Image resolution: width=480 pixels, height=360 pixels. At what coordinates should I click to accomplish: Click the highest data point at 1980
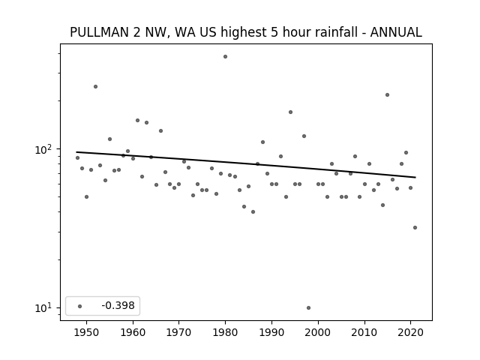click(225, 57)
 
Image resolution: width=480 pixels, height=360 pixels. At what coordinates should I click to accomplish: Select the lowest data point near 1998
click(308, 307)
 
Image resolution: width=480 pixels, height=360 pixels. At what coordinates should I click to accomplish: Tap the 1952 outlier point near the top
click(95, 87)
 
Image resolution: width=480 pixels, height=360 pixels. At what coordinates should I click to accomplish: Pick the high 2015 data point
click(387, 95)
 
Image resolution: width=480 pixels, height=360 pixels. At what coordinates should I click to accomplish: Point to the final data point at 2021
click(415, 227)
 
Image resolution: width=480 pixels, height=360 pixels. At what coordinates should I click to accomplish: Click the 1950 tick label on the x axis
click(87, 332)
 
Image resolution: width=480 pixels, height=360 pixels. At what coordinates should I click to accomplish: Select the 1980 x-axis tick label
click(225, 332)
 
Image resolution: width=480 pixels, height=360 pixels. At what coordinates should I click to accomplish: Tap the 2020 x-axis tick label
click(410, 332)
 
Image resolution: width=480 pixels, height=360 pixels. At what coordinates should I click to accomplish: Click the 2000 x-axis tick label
click(318, 332)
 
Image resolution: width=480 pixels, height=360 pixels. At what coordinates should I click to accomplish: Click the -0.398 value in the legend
click(118, 305)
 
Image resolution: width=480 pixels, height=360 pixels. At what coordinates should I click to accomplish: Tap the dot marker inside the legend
click(80, 306)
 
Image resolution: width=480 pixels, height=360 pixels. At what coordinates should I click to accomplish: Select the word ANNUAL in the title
click(396, 32)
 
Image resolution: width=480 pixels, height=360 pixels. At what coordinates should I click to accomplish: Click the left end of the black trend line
click(76, 151)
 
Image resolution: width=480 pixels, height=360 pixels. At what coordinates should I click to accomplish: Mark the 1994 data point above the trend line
click(290, 112)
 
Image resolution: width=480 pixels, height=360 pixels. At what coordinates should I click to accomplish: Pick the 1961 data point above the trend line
click(137, 120)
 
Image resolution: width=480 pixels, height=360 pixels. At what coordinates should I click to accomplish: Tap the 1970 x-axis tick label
click(179, 332)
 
